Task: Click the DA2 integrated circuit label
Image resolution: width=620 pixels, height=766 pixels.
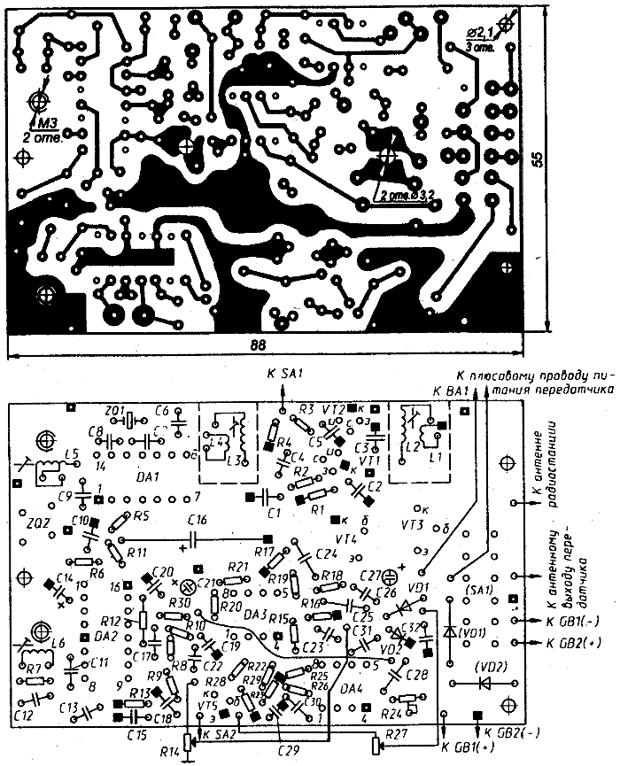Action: (x=105, y=636)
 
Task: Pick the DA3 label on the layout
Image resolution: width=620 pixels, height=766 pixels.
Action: (x=254, y=613)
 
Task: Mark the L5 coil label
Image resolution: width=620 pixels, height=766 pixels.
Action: (x=72, y=456)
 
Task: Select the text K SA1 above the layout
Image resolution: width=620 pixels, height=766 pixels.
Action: (x=285, y=375)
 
